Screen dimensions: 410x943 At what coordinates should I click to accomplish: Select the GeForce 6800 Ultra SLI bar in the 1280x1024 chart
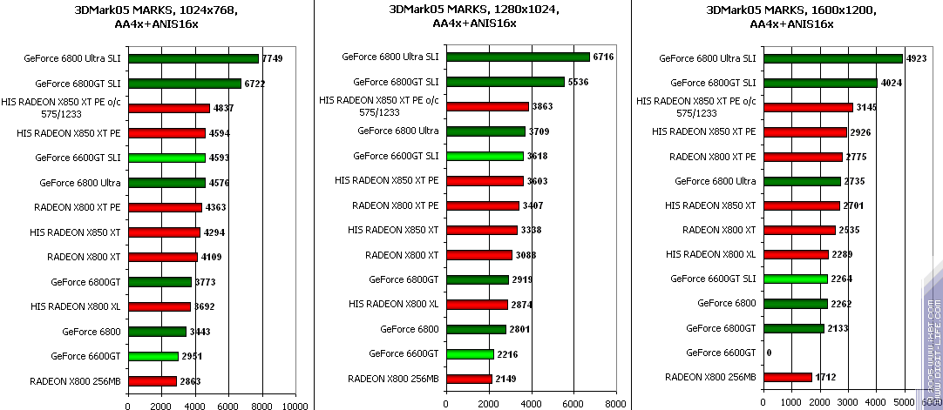(x=518, y=57)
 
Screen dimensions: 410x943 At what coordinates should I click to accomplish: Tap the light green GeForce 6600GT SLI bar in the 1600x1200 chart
(x=795, y=279)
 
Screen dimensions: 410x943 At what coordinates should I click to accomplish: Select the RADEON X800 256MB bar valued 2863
(x=152, y=381)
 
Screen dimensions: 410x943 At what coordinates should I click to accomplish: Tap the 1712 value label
(x=826, y=377)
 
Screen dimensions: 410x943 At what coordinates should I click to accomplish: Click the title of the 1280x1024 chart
(x=475, y=16)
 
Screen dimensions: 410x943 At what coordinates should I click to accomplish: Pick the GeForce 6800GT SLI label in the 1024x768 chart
(x=78, y=84)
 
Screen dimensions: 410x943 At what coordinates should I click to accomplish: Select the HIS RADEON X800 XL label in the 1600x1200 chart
(x=710, y=253)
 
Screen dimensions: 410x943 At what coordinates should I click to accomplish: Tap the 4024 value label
(x=891, y=83)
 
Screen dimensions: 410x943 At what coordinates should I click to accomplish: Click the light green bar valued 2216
(x=470, y=353)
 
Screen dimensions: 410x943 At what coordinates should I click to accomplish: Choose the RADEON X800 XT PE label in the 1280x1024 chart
(x=396, y=205)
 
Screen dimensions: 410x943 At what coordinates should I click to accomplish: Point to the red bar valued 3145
(x=807, y=107)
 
